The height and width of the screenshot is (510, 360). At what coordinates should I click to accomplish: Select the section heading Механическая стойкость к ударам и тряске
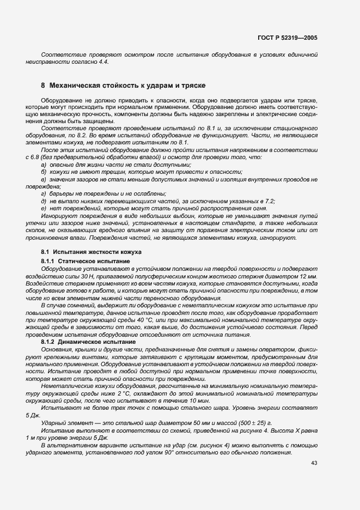(126, 86)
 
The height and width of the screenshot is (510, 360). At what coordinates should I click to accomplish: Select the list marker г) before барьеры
(44, 194)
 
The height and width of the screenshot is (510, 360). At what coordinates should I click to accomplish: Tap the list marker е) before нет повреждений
(44, 209)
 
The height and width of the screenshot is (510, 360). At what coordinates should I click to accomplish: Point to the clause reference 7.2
(267, 201)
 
